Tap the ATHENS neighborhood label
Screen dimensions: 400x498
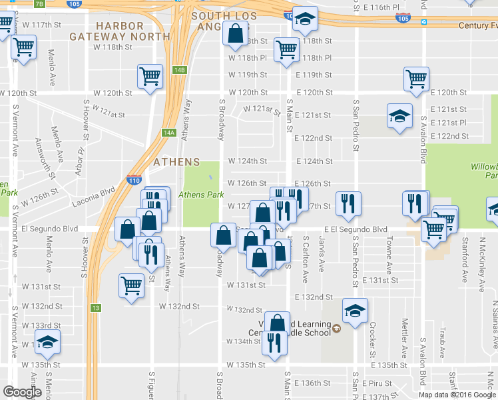176,162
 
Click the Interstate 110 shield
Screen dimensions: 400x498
133,179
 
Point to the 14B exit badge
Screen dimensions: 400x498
180,70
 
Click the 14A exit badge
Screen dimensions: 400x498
169,133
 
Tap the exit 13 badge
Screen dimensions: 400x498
97,307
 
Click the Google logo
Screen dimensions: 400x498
22,392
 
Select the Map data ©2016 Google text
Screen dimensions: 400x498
457,395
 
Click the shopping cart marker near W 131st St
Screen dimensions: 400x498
132,285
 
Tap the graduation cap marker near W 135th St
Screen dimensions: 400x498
47,341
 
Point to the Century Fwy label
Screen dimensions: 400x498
477,25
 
